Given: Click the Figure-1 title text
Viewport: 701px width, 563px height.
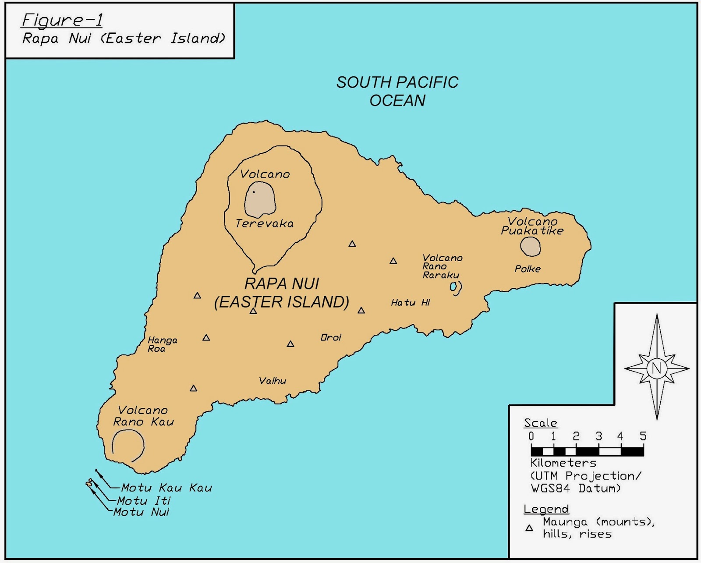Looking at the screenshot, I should coord(62,20).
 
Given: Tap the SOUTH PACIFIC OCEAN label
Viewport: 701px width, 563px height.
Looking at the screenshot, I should coord(397,91).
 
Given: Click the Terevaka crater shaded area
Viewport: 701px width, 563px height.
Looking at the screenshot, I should coord(260,200).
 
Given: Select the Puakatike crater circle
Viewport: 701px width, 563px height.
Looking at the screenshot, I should coord(530,247).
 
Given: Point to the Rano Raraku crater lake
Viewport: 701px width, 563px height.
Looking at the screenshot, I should coord(453,287).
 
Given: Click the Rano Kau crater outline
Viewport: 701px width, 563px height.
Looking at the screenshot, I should coord(128,445).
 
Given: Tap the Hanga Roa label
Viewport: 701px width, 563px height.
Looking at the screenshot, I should coord(162,344).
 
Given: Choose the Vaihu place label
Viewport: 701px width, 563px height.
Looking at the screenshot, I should coord(273,381).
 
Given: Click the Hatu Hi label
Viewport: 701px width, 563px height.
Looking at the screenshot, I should coord(410,302).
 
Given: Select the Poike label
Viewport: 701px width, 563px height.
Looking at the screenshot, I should coord(528,269).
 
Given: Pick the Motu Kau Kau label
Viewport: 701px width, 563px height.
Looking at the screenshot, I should coord(166,488).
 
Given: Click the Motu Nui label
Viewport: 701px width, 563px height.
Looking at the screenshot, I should coord(141,512).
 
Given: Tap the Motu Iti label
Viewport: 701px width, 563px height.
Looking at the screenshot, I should coord(144,500).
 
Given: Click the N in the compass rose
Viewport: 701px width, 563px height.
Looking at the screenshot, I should coord(656,368).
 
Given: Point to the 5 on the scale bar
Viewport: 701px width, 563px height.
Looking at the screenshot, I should coord(643,436).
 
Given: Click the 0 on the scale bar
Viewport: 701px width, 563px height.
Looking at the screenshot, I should coord(531,436).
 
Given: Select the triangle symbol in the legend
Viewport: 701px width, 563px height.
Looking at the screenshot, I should coord(529,528).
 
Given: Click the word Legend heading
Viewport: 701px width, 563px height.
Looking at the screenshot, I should coord(546,509).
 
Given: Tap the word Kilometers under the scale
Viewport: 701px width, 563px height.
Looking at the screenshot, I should coord(563,463).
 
